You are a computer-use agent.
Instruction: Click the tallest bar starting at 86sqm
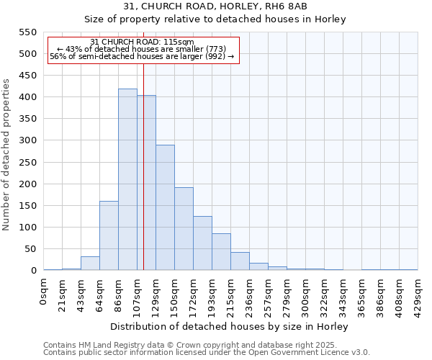point(127,180)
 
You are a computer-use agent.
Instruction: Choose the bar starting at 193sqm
point(221,252)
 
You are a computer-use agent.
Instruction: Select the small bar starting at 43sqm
point(90,264)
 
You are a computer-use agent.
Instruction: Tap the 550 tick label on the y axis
point(27,32)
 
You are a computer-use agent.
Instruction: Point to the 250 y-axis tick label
point(27,162)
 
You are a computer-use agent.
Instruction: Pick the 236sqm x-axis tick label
point(249,292)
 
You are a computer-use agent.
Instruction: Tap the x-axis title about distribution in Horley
point(230,326)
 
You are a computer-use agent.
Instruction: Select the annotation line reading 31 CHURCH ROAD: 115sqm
point(143,42)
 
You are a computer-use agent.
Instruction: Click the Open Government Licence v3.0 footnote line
point(207,352)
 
